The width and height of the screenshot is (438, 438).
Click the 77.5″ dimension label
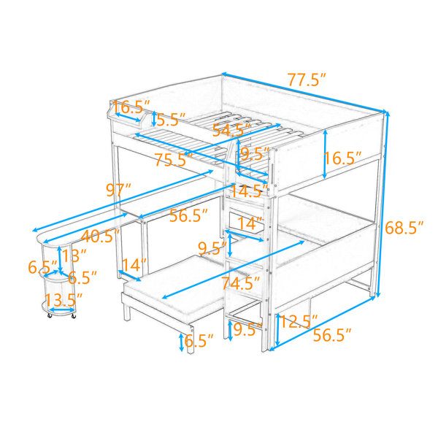(307, 80)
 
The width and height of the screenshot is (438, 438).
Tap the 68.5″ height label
(404, 228)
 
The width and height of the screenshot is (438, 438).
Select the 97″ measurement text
(118, 191)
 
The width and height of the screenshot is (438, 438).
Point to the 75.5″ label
(174, 160)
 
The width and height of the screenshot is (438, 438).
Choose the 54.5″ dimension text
(231, 130)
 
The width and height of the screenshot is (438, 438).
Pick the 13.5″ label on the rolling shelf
(64, 300)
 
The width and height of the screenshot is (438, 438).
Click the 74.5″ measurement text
(241, 283)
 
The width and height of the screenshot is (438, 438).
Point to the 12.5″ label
(299, 321)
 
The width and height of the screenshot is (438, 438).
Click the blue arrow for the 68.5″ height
(383, 204)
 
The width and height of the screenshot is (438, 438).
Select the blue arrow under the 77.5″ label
(304, 93)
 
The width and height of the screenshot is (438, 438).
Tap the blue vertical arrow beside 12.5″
(277, 330)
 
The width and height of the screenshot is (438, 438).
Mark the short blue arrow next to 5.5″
(154, 119)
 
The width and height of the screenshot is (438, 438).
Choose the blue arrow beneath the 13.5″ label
(62, 310)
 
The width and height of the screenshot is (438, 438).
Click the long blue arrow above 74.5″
(234, 269)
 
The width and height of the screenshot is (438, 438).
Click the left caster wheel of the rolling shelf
(50, 315)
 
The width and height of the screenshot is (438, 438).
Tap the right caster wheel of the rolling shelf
(74, 315)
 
